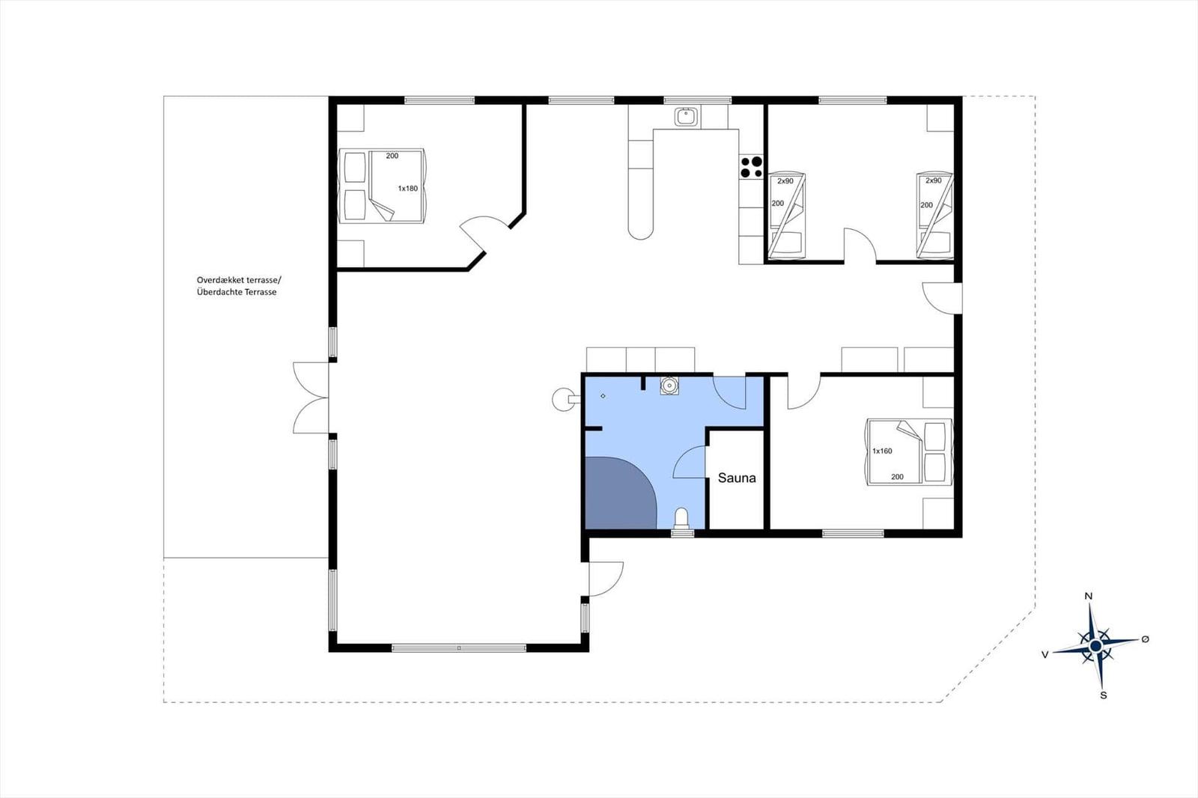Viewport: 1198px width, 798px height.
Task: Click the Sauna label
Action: (x=737, y=478)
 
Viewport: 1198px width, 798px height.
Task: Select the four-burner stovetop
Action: (x=751, y=167)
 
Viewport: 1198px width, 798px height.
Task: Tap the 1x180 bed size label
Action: (x=407, y=188)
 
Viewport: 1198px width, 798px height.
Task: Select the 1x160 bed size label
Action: (x=882, y=451)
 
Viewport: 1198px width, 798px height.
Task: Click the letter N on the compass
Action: (x=1088, y=597)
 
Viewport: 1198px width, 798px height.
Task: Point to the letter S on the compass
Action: (x=1103, y=696)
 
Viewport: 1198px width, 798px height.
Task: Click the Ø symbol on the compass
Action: (x=1145, y=639)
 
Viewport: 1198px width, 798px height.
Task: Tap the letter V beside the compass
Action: (x=1045, y=655)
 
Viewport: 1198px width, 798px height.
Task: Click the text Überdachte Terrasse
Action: (x=237, y=292)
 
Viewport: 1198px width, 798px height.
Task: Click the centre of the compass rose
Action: (x=1095, y=647)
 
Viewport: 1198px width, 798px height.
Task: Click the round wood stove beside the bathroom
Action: (x=562, y=399)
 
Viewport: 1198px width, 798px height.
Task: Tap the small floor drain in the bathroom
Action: (x=603, y=396)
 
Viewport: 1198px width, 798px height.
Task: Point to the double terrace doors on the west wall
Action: (x=311, y=398)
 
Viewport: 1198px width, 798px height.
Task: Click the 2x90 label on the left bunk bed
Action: (x=785, y=181)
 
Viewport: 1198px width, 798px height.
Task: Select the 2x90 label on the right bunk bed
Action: (x=933, y=180)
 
